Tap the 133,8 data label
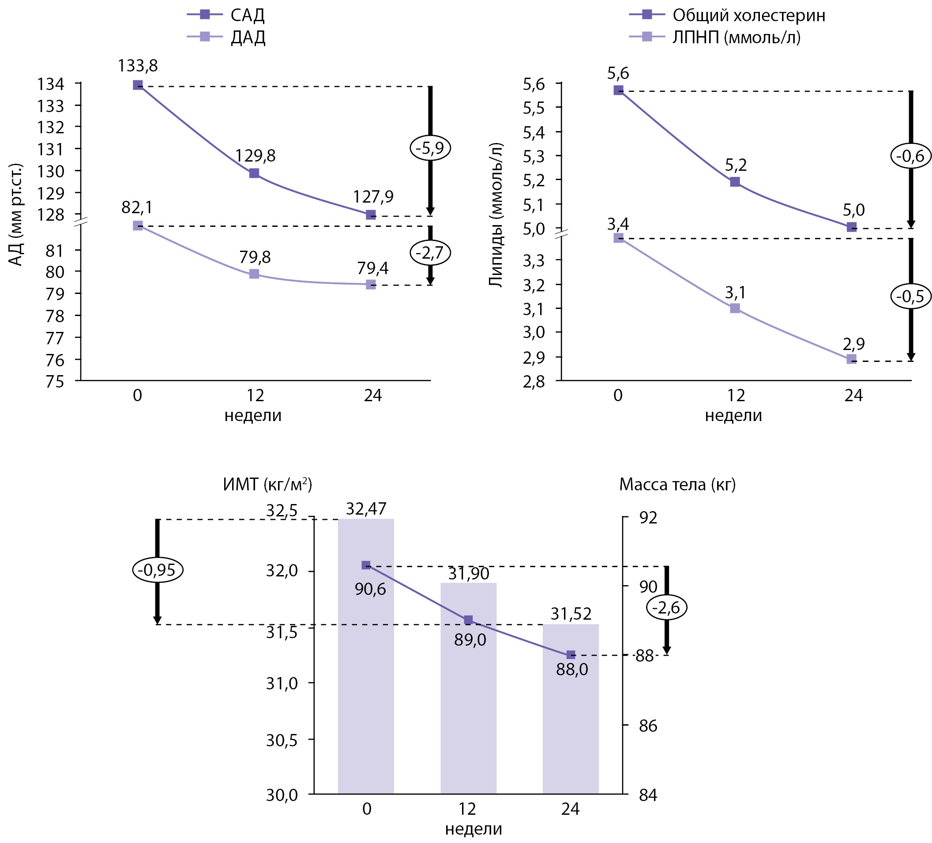[x=138, y=66]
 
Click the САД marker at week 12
[x=254, y=173]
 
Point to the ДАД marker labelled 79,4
[x=371, y=284]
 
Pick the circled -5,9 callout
[x=430, y=148]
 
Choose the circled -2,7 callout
[x=430, y=253]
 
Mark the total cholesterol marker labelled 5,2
[x=735, y=182]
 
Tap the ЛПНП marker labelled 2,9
[x=852, y=359]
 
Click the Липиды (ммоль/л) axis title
[x=496, y=215]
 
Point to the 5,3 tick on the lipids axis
[x=534, y=157]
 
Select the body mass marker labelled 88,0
[x=571, y=655]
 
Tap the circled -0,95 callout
[x=158, y=570]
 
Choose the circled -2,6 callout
[x=667, y=607]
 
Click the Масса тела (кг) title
[x=677, y=484]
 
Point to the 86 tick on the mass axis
[x=648, y=726]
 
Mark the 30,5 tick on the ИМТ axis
[x=282, y=740]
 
